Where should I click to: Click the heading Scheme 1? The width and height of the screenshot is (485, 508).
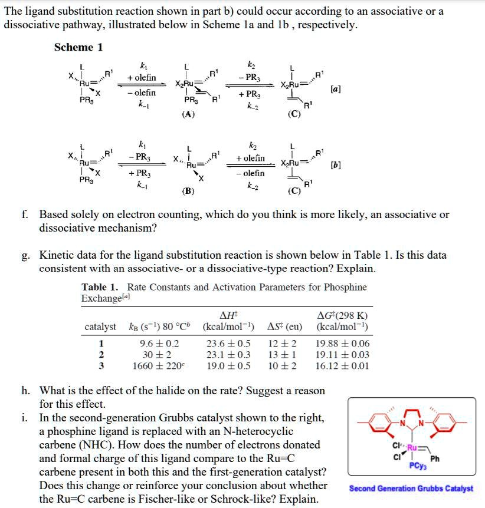point(78,47)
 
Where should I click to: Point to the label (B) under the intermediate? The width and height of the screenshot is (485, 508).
point(188,192)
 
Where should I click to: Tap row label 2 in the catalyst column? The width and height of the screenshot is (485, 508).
point(101,354)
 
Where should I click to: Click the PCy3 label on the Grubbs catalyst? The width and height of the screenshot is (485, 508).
point(417,466)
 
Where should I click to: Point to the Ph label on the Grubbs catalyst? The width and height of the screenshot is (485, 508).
point(435,459)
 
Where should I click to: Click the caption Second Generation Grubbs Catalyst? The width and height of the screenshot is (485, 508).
point(411,489)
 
